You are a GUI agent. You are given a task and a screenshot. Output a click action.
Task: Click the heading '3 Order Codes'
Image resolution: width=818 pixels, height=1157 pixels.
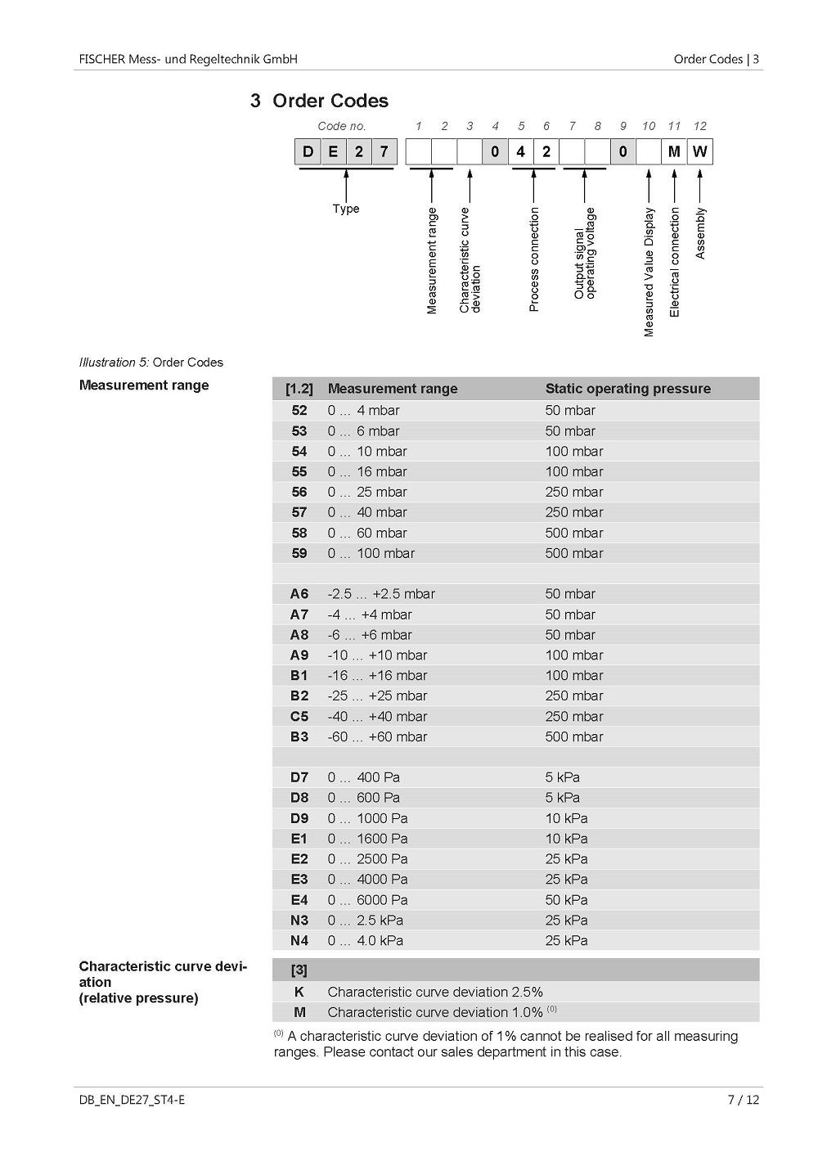click(320, 101)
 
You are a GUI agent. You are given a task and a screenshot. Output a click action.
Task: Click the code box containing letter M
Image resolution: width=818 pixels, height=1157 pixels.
click(674, 151)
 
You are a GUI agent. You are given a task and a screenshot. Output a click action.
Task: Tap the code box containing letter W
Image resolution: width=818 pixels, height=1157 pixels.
click(699, 151)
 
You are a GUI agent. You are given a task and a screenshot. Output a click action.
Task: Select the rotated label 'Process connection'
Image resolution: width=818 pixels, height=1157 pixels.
click(534, 259)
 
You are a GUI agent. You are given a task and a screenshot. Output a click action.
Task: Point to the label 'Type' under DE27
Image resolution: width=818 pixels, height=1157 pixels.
click(346, 209)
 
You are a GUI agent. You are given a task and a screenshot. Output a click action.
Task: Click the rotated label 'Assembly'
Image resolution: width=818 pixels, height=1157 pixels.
click(700, 233)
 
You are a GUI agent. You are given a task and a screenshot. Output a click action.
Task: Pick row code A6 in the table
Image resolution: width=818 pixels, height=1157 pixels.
click(299, 594)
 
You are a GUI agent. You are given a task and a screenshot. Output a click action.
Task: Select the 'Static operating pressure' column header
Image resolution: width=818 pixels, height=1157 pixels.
click(627, 389)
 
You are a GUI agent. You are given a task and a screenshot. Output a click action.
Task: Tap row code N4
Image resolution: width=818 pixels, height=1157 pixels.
click(299, 941)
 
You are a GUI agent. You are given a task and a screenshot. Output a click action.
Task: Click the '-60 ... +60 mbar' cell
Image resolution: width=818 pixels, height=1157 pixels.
click(377, 736)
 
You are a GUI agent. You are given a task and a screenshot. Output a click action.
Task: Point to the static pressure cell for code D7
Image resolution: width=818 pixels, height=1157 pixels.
click(563, 777)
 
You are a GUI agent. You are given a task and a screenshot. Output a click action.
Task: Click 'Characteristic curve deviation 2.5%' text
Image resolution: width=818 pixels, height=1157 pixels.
click(434, 992)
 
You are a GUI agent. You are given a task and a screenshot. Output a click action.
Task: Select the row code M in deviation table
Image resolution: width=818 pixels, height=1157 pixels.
click(299, 1012)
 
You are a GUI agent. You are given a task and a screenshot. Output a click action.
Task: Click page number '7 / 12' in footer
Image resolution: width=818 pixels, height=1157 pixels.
click(743, 1099)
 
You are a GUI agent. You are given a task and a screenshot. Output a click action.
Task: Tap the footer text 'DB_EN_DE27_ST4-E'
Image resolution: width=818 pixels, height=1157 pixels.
click(132, 1099)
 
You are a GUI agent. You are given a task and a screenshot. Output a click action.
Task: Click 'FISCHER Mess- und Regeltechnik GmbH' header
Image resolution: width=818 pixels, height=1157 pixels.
click(188, 59)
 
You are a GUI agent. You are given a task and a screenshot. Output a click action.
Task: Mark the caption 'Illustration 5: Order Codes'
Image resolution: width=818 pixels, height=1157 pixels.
click(151, 362)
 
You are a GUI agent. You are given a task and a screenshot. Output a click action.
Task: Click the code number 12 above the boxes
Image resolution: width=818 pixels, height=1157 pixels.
click(699, 126)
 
